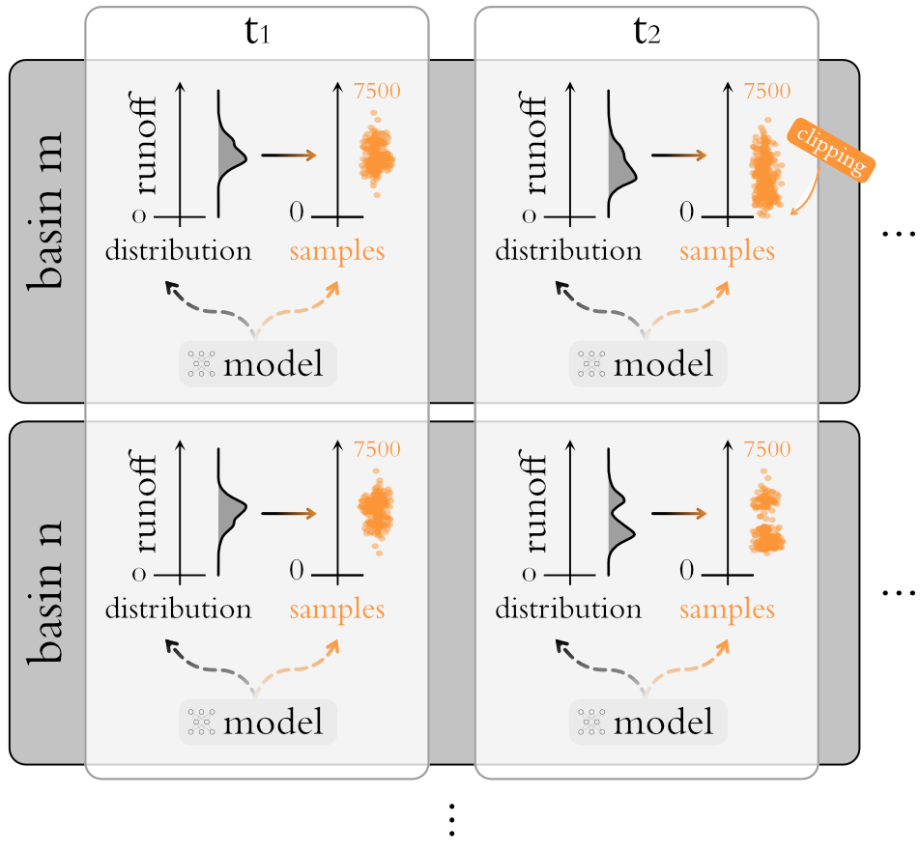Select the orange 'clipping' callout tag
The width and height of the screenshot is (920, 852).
point(832,150)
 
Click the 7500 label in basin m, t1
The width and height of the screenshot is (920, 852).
point(378,90)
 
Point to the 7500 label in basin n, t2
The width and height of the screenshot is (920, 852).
point(767,449)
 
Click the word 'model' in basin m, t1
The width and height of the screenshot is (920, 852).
point(273,364)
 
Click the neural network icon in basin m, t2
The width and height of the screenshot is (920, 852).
point(590,363)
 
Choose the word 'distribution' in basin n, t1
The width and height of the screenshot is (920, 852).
point(178,610)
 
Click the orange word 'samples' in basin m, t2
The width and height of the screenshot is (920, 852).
point(727,251)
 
